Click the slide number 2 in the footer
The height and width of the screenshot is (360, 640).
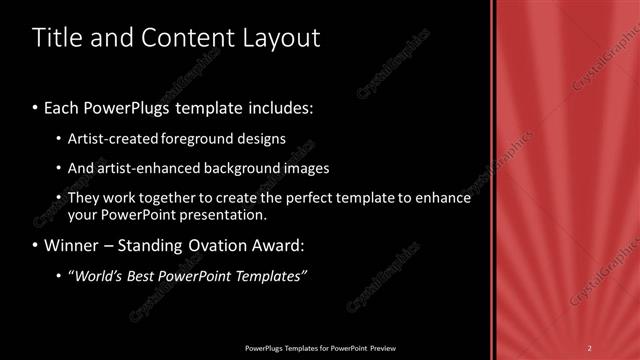coord(590,347)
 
